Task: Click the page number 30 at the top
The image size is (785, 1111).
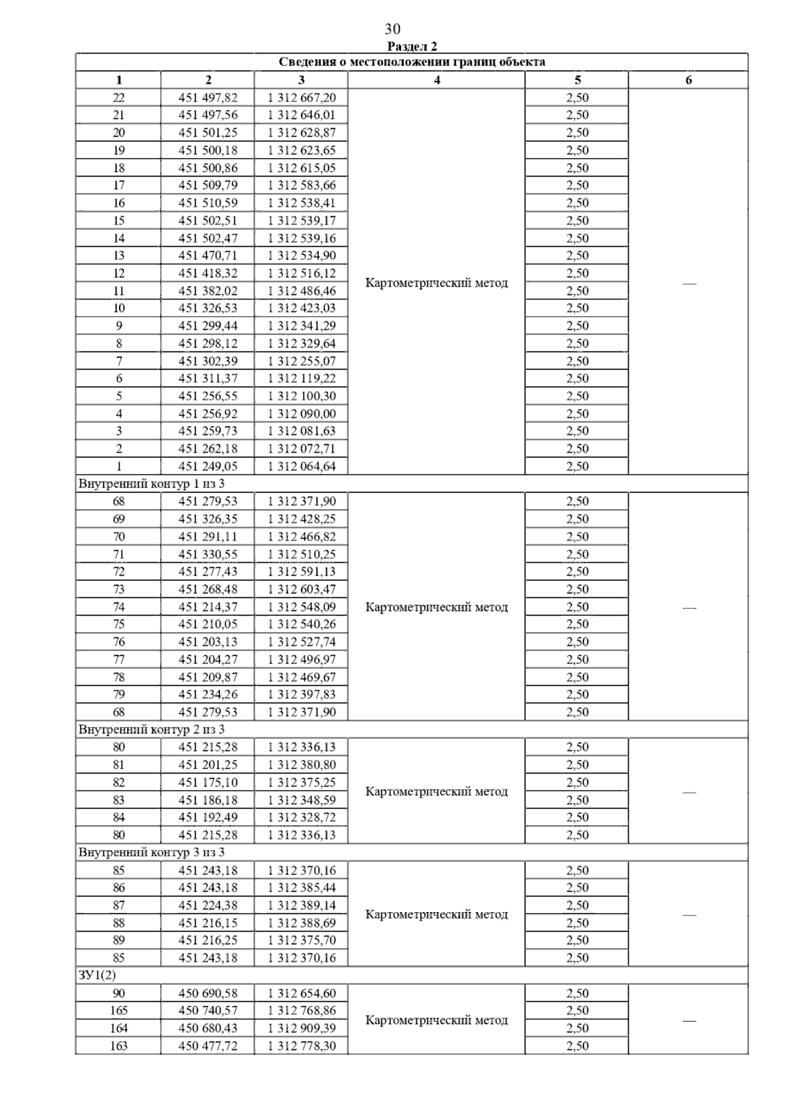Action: click(x=392, y=29)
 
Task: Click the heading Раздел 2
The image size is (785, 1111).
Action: click(x=412, y=46)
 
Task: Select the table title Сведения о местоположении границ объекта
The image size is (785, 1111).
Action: click(x=412, y=62)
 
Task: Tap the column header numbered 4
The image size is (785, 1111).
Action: click(x=436, y=80)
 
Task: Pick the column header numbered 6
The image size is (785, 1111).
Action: click(x=688, y=80)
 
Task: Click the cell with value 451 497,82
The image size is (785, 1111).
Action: click(x=208, y=97)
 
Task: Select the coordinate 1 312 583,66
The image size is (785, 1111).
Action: click(x=302, y=185)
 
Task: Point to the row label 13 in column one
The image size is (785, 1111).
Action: click(x=119, y=255)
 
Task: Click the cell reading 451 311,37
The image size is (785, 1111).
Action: click(x=208, y=378)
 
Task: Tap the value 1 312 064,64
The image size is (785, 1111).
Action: click(x=302, y=466)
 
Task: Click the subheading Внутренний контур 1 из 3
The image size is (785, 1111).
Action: click(x=151, y=484)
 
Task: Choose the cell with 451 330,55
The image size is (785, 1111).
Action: click(x=208, y=554)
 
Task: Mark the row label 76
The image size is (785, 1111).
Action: click(x=119, y=642)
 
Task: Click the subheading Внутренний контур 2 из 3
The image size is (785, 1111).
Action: click(x=151, y=729)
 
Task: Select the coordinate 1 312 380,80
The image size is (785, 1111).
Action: click(x=302, y=764)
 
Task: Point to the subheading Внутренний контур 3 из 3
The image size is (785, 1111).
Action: click(x=151, y=852)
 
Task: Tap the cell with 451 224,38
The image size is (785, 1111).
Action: click(x=208, y=905)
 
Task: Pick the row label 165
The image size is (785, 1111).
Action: click(x=119, y=1010)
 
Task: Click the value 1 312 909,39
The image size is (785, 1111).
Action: click(x=302, y=1028)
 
